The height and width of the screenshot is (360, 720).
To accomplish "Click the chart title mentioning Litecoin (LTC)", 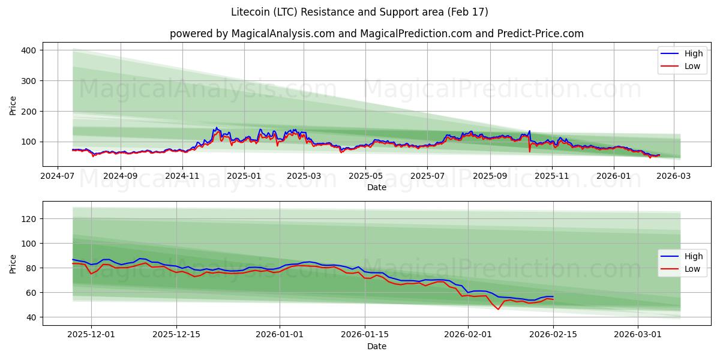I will [x=359, y=12].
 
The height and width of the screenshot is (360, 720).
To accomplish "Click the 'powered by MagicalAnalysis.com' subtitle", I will [x=376, y=34].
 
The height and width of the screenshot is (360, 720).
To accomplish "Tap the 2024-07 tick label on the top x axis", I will [x=58, y=176].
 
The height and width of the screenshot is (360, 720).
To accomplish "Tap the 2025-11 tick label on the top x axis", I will [x=551, y=176].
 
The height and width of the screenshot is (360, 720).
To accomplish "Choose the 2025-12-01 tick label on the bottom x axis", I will [x=91, y=335].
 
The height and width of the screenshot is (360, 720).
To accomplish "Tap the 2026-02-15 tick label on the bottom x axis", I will [x=552, y=335].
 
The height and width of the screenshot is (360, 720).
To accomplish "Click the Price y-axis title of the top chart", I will [x=13, y=106].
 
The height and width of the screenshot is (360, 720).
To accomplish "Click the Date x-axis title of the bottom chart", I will [x=376, y=346].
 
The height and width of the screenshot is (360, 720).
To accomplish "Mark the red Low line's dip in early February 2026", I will [x=498, y=309].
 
